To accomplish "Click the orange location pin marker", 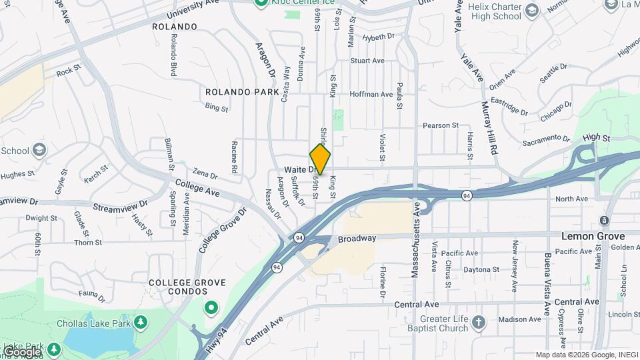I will coord(320,159).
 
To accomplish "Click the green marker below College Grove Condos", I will coord(212,308).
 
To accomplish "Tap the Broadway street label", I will coord(357,239).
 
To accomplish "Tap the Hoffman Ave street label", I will coord(371,94).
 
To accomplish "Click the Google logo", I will coord(22,351).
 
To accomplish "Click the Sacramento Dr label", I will coord(545,140).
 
